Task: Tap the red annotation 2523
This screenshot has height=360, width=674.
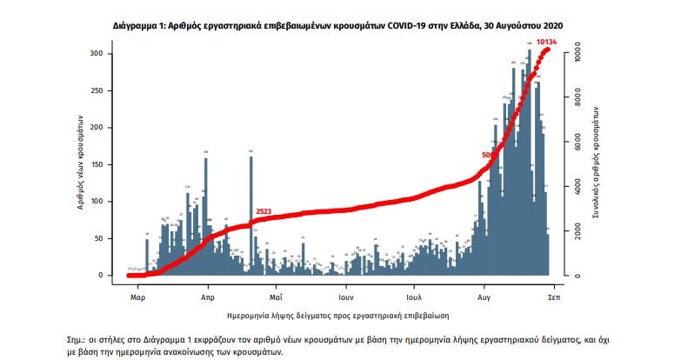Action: pyautogui.click(x=264, y=212)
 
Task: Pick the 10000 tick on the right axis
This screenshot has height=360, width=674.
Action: pyautogui.click(x=576, y=54)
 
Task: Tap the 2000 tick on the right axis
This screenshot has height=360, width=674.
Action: pyautogui.click(x=576, y=231)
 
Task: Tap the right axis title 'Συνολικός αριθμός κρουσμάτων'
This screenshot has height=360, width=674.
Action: pyautogui.click(x=598, y=163)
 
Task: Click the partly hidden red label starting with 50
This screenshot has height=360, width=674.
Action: pyautogui.click(x=486, y=156)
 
